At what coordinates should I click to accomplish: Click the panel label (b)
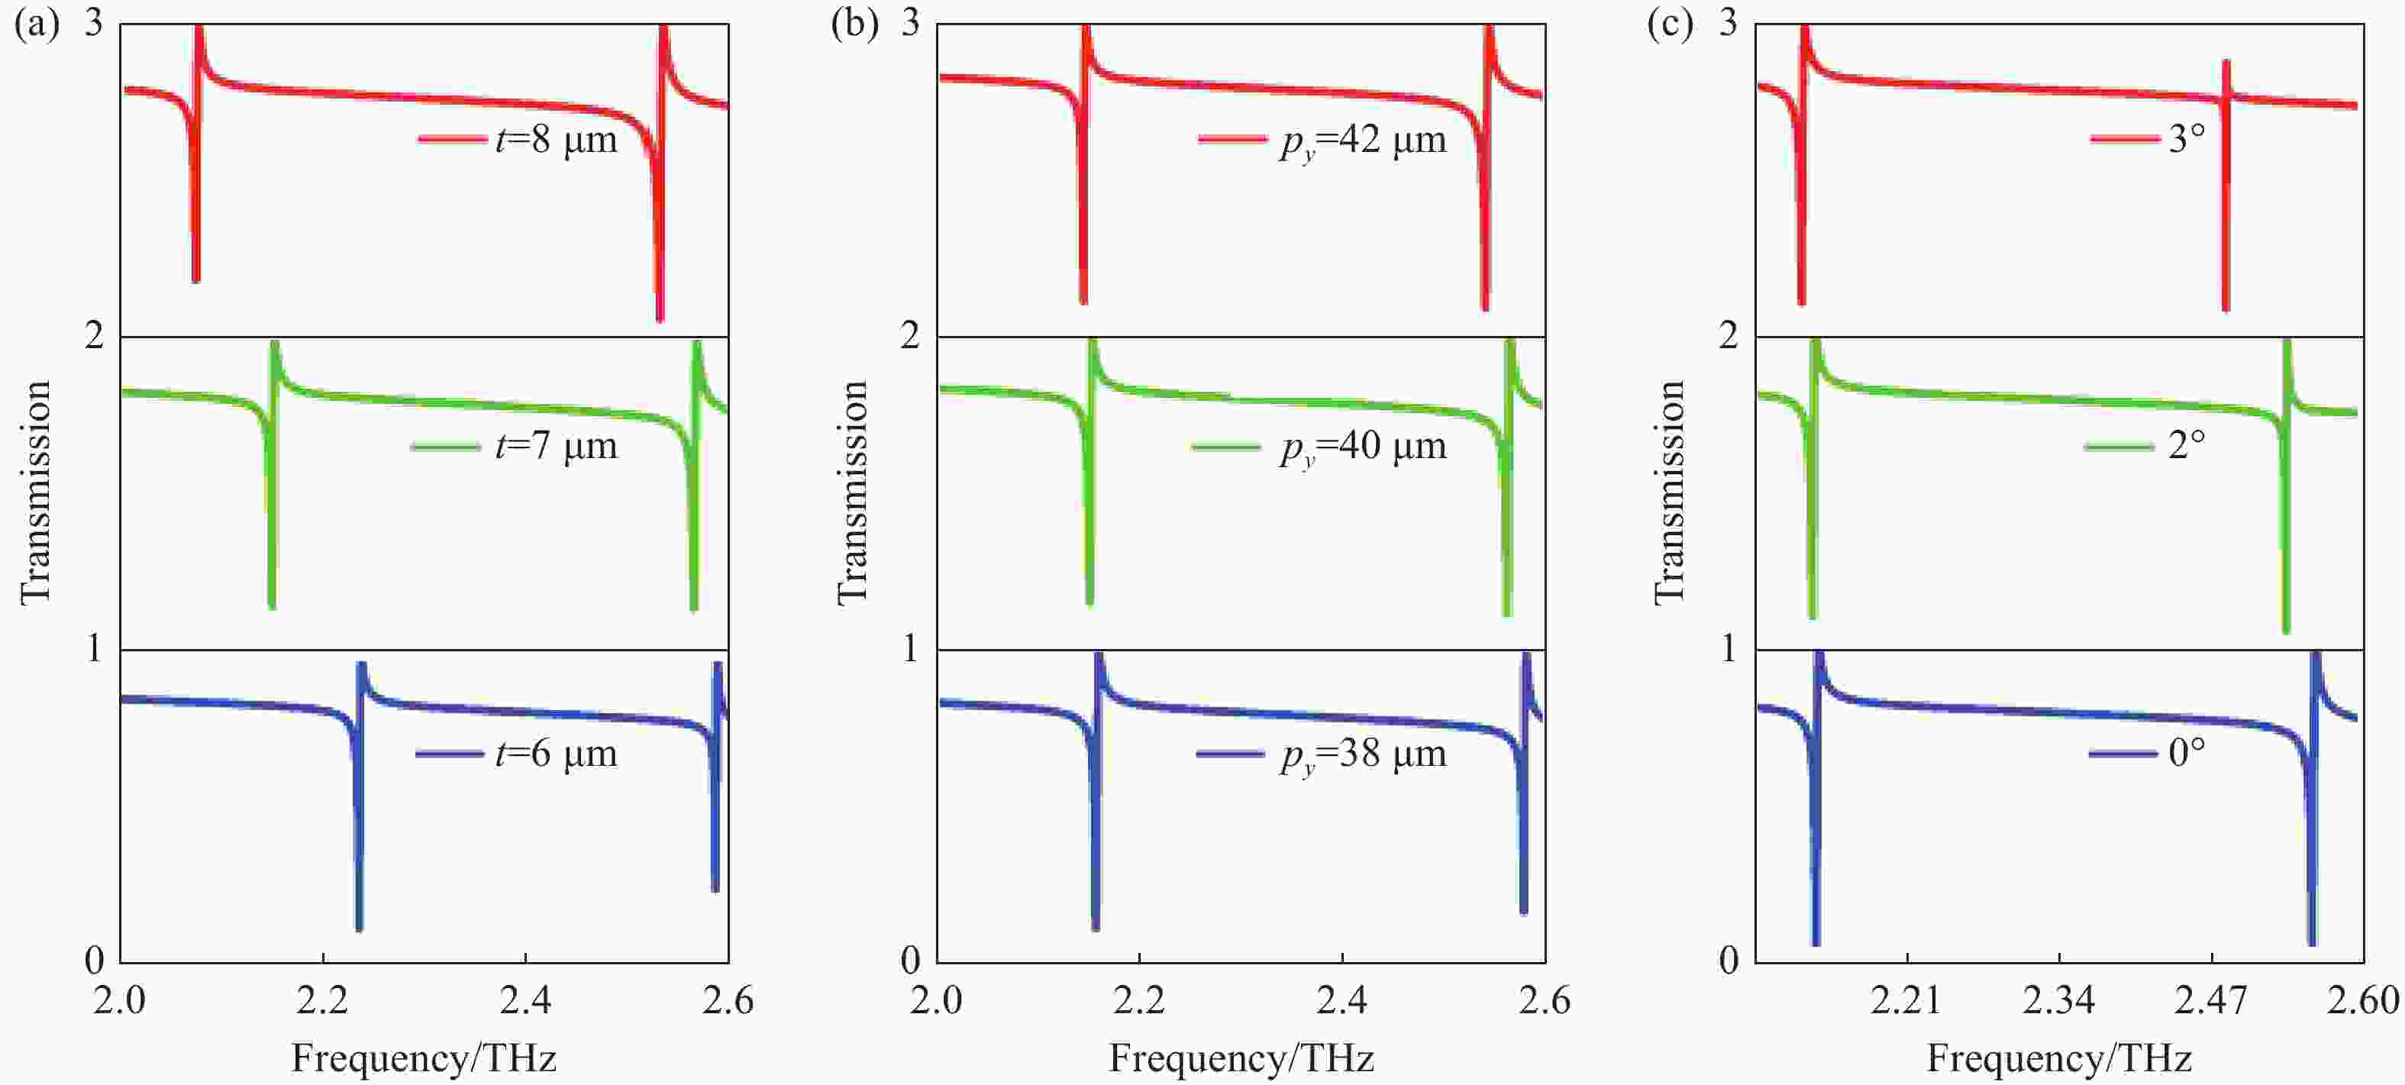(854, 24)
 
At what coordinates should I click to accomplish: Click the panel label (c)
(1671, 24)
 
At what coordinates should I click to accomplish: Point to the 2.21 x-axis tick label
(1906, 1001)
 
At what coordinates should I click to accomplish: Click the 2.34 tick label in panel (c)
(2058, 1001)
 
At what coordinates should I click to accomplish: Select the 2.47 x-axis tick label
(2211, 1001)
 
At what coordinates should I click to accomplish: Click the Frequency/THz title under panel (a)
(424, 1059)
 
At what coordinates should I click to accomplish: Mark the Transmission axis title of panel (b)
(851, 493)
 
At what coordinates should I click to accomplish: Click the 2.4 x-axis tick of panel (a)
(525, 1001)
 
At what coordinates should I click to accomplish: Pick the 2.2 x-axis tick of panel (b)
(1139, 1001)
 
